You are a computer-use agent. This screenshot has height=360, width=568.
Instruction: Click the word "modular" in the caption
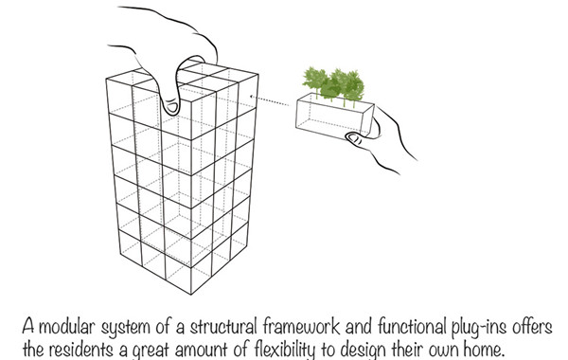coord(66,327)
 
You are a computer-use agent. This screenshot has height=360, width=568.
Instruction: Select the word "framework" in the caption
coord(301,326)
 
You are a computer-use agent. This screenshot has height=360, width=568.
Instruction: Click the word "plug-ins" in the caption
coord(478,328)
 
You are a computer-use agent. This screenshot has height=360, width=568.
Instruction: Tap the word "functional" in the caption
coord(412,326)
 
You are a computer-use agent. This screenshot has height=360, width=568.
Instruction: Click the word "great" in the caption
coord(151,351)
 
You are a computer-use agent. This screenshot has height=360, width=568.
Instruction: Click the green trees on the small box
coord(333,84)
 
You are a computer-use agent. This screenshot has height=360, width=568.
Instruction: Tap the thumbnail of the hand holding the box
coord(354,138)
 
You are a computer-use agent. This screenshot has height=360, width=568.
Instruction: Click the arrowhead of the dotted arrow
coord(252,97)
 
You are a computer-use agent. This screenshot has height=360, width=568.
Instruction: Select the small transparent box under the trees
coord(335,116)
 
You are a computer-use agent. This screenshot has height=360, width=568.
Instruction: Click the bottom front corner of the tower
coord(191,295)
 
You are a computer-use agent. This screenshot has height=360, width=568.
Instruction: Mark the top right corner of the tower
coord(257,75)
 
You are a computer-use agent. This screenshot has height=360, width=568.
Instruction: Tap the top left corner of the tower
coord(106,79)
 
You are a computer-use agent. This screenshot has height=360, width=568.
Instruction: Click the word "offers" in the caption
coord(532,326)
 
